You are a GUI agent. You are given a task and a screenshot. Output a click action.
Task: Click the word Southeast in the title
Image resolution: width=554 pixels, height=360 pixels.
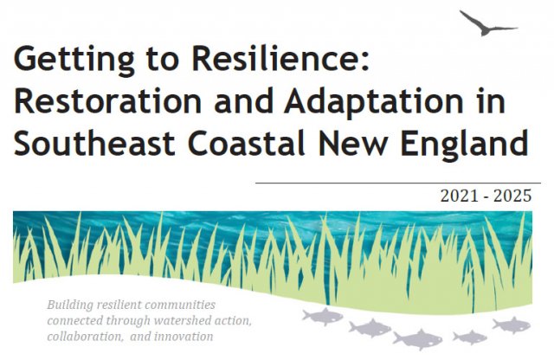click(87, 143)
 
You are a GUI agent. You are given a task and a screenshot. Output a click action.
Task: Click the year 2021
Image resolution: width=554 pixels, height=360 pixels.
click(458, 196)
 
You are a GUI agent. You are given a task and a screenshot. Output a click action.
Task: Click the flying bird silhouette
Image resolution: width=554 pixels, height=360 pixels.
click(487, 23)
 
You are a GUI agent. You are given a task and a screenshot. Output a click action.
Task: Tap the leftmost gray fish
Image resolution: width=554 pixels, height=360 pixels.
click(322, 316)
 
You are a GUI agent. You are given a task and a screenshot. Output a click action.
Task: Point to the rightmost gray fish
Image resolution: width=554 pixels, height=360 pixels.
click(511, 325)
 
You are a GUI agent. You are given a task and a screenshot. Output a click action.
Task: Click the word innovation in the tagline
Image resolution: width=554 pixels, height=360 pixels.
click(184, 336)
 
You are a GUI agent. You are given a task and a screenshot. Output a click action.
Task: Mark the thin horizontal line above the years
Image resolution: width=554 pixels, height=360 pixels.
click(398, 183)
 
